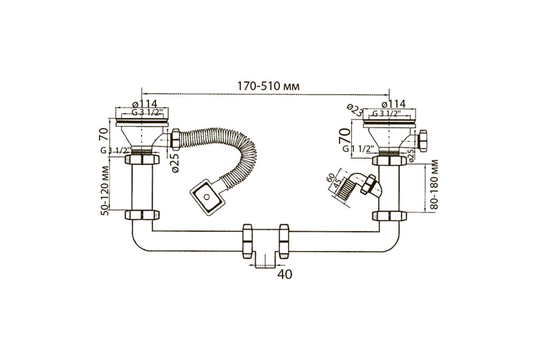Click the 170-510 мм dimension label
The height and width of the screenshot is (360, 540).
269,86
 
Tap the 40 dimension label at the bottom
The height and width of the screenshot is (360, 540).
285,274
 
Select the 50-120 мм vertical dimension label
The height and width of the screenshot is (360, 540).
104,190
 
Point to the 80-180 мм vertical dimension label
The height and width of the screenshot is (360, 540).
433,184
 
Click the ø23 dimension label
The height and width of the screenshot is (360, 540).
355,110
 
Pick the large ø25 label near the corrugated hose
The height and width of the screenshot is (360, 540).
175,163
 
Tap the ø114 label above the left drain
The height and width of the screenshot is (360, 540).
144,104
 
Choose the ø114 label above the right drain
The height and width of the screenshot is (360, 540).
394,104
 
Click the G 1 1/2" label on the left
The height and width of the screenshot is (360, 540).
114,150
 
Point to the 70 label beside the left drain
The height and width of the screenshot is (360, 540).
103,134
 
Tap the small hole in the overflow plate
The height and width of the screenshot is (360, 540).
207,197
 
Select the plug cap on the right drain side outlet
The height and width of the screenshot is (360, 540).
423,141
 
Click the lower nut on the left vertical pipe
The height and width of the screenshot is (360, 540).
142,215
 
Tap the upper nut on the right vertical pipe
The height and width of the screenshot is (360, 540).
390,161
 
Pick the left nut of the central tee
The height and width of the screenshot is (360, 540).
247,241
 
